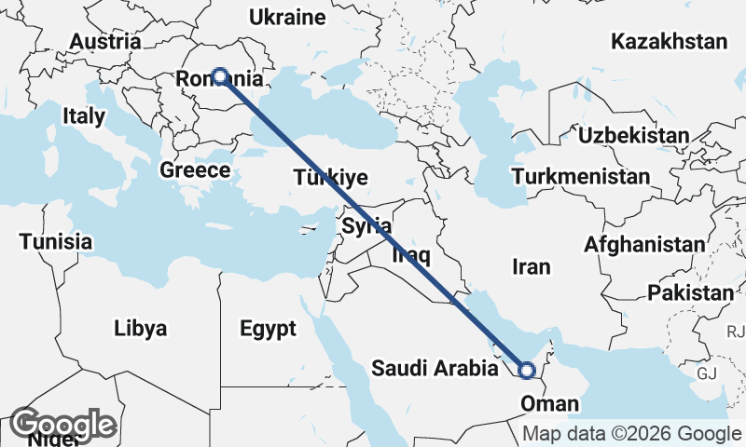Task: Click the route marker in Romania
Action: (220, 76)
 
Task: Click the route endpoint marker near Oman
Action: (526, 371)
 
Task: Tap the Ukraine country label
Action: (287, 17)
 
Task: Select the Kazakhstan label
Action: (669, 41)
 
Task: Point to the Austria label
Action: (105, 42)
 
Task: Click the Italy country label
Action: (84, 116)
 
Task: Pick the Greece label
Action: (195, 170)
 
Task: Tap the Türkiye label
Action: (330, 177)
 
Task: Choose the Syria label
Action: (366, 225)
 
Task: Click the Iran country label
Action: (532, 267)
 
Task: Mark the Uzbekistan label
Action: (634, 136)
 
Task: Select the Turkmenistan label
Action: (581, 177)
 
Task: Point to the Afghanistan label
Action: (645, 245)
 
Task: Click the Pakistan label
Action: (691, 293)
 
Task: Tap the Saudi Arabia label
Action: (435, 369)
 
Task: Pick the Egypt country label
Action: (268, 329)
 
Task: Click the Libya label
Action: (141, 329)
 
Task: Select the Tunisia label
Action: (56, 242)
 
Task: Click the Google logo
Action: (64, 425)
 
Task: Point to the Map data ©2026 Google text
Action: (631, 434)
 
